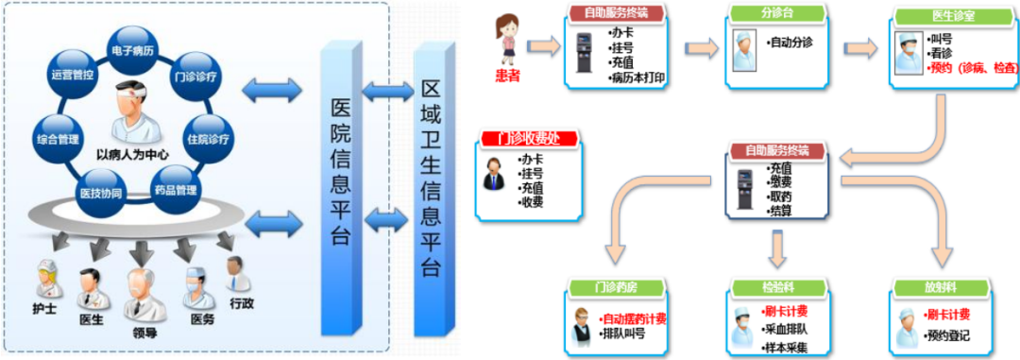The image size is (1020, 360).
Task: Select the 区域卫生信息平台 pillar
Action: click(431, 189)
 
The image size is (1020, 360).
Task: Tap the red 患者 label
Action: click(508, 74)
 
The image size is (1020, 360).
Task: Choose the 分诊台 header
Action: click(773, 14)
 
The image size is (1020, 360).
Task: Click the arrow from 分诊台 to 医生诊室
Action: click(859, 48)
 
